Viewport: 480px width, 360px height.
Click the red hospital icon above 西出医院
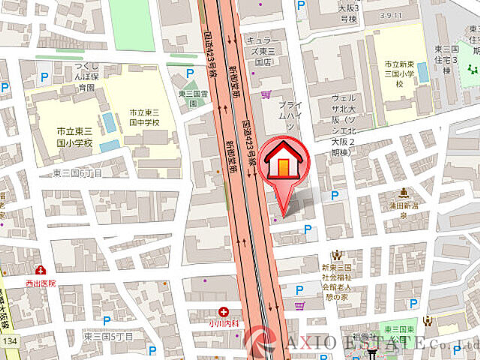(39, 269)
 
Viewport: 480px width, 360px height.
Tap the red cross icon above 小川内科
(223, 311)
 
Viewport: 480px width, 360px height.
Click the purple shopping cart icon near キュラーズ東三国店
(266, 94)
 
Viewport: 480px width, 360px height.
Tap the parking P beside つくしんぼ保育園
(43, 76)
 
